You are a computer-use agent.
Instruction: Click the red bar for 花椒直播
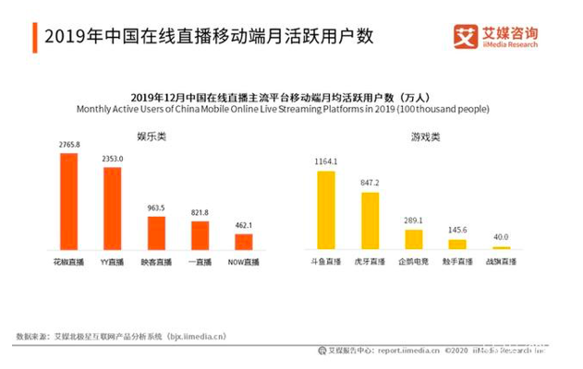tap(68, 201)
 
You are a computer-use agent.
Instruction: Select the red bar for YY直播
tap(112, 208)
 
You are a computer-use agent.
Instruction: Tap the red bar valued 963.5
tap(156, 232)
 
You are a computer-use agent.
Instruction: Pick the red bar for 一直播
tap(200, 235)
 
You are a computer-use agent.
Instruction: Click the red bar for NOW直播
tap(243, 242)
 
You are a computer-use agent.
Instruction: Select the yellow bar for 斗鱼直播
tap(325, 209)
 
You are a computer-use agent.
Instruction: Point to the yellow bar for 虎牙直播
tap(370, 220)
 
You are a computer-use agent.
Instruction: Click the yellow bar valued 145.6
tap(457, 244)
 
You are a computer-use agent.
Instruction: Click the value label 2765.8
tap(68, 145)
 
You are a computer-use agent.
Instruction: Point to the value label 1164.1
tap(325, 162)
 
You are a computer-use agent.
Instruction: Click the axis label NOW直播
tap(244, 263)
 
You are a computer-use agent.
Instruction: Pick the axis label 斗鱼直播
tap(325, 263)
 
